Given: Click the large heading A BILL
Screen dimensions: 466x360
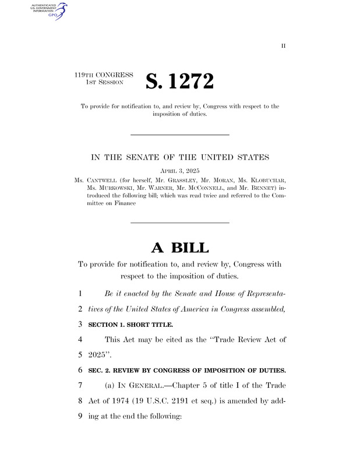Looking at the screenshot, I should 179,247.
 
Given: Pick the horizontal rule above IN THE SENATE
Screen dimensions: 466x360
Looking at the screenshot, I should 179,135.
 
